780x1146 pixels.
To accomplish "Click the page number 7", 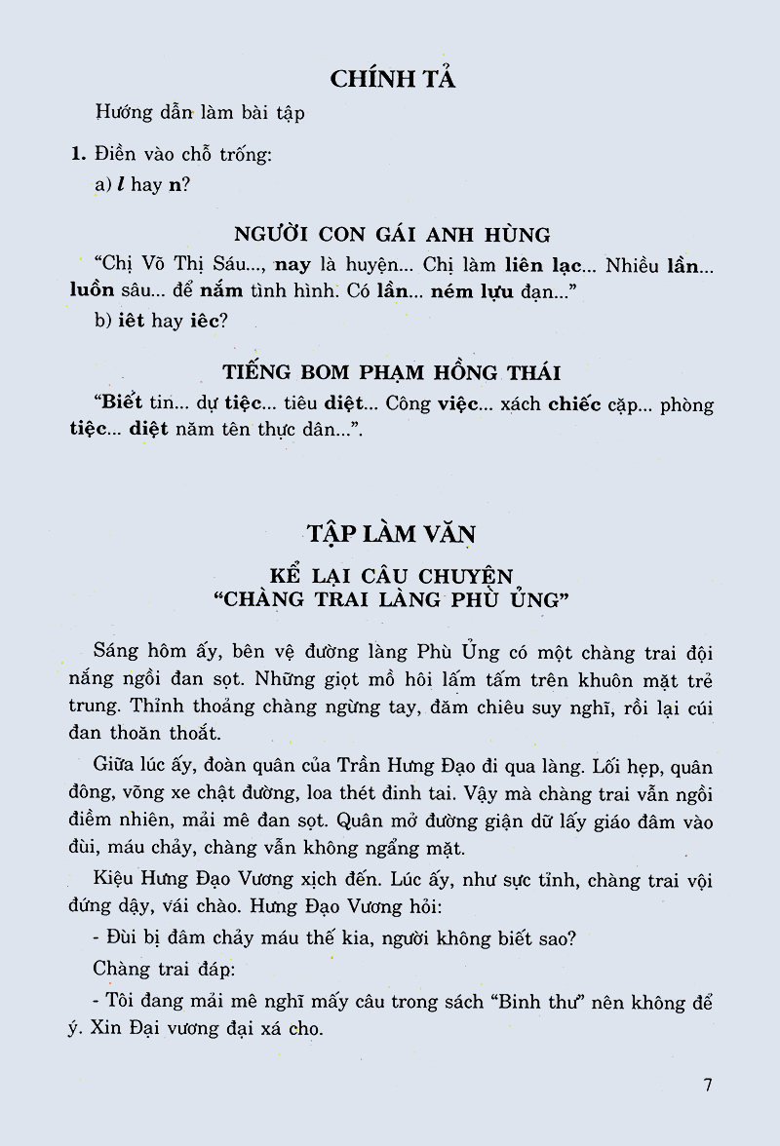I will pos(708,1086).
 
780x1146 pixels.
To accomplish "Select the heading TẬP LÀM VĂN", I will pos(390,533).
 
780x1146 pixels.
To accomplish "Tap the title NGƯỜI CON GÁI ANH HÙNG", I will pos(392,235).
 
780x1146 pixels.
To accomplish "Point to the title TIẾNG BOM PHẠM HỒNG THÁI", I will pos(392,372).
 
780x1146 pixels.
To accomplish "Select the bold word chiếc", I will pos(574,404).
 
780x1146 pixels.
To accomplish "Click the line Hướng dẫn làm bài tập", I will pos(200,112).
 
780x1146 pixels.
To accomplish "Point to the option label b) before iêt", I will pos(103,321).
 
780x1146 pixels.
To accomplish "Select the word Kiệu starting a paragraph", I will pos(116,882).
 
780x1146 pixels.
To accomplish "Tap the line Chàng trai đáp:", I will pos(157,970).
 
